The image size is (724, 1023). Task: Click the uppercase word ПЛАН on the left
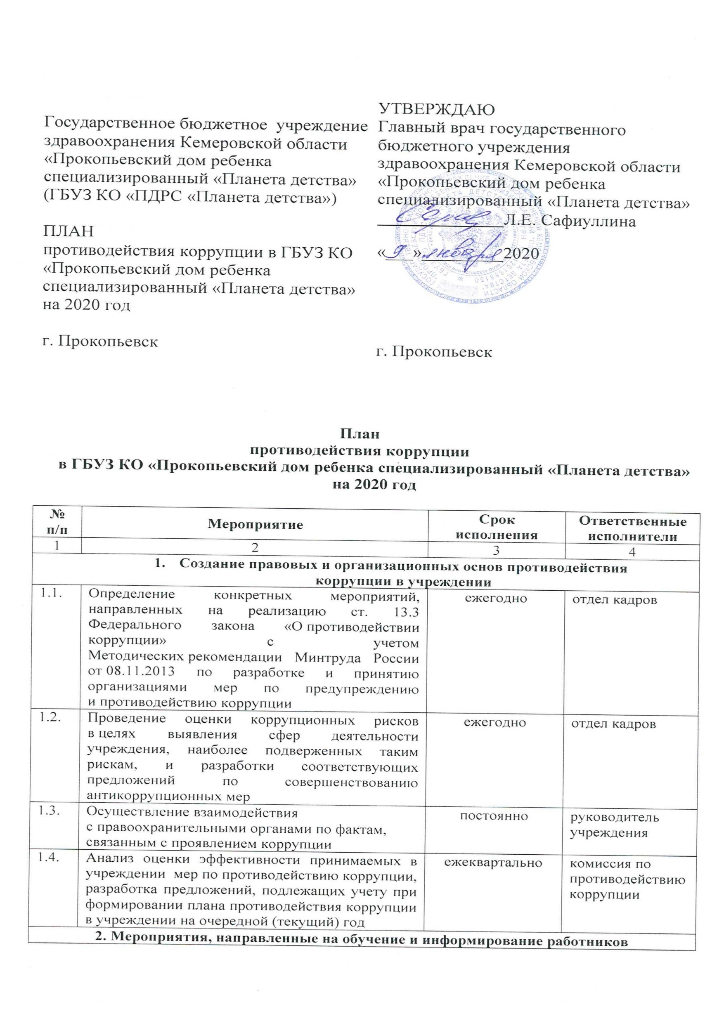[x=68, y=232]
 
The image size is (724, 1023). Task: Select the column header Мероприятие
[x=255, y=524]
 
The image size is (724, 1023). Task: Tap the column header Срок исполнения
[x=496, y=527]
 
